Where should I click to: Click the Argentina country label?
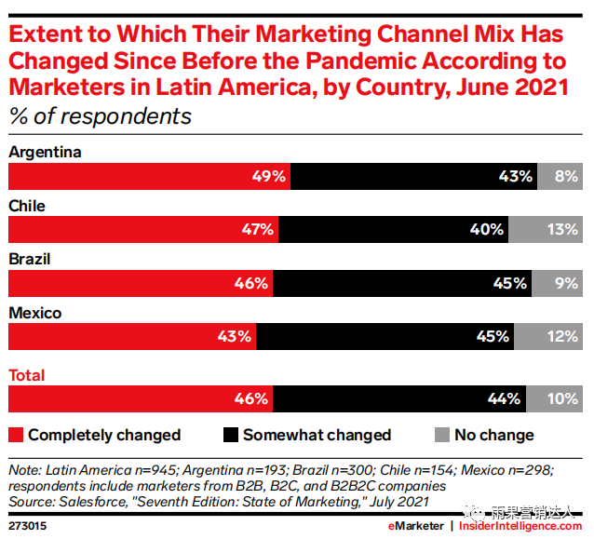pyautogui.click(x=46, y=152)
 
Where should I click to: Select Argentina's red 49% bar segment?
pyautogui.click(x=149, y=176)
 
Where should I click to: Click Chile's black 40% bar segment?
pyautogui.click(x=393, y=229)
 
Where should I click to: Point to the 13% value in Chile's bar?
pyautogui.click(x=562, y=229)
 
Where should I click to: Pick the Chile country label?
pyautogui.click(x=27, y=206)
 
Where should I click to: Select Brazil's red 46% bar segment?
pyautogui.click(x=141, y=283)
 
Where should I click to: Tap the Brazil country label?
pyautogui.click(x=29, y=260)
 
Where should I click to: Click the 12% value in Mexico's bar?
pyautogui.click(x=562, y=337)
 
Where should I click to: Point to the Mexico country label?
pyautogui.click(x=34, y=314)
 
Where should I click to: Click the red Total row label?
pyautogui.click(x=27, y=376)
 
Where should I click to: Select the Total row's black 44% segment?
pyautogui.click(x=400, y=399)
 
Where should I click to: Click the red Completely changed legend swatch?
pyautogui.click(x=15, y=435)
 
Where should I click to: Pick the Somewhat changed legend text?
pyautogui.click(x=317, y=435)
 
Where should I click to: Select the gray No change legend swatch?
pyautogui.click(x=442, y=435)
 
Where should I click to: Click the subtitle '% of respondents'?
pyautogui.click(x=100, y=116)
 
